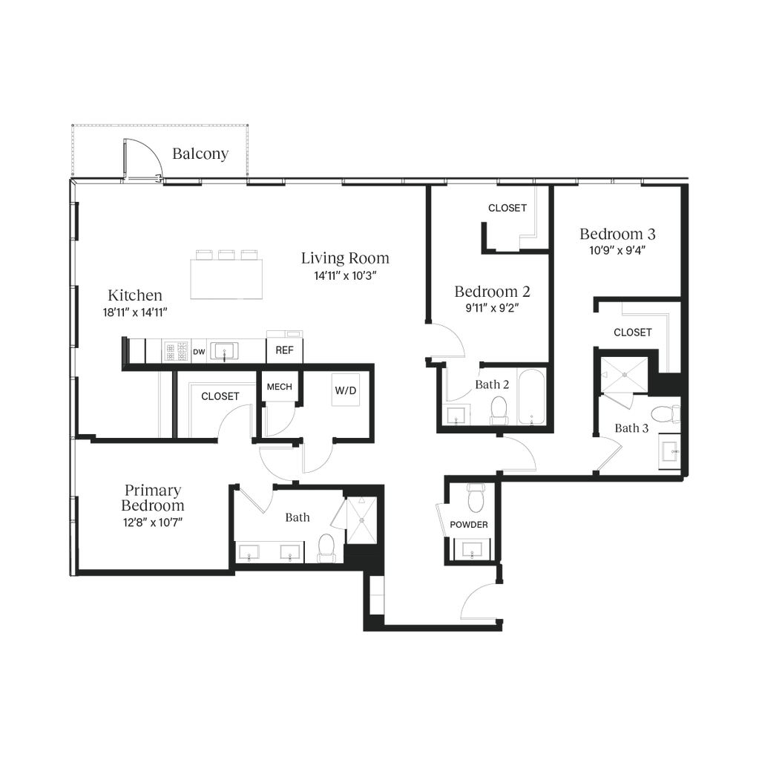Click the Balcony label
pos(200,154)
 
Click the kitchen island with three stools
pos(226,275)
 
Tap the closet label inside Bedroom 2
pos(507,209)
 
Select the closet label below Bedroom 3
pos(633,332)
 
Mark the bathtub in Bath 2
pos(531,397)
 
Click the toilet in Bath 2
pos(499,407)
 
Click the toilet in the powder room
pos(473,497)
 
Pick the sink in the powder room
pos(473,549)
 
